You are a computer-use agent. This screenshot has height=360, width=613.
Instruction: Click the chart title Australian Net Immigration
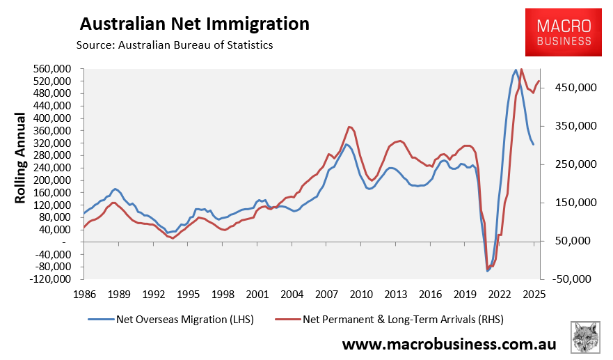[x=194, y=24]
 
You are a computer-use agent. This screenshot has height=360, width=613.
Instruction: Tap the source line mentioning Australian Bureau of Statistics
[x=175, y=45]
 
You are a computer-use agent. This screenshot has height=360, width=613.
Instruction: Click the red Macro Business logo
[x=564, y=32]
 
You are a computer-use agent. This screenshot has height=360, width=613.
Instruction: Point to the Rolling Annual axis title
[x=20, y=158]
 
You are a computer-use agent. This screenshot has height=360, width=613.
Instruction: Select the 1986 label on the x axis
[x=85, y=295]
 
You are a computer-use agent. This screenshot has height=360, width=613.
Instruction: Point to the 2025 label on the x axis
[x=533, y=295]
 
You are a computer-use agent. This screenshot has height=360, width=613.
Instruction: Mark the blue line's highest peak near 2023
[x=516, y=70]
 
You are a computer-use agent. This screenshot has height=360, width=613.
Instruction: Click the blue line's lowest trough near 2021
[x=488, y=271]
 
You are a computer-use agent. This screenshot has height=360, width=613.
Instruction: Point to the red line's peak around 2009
[x=350, y=127]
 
